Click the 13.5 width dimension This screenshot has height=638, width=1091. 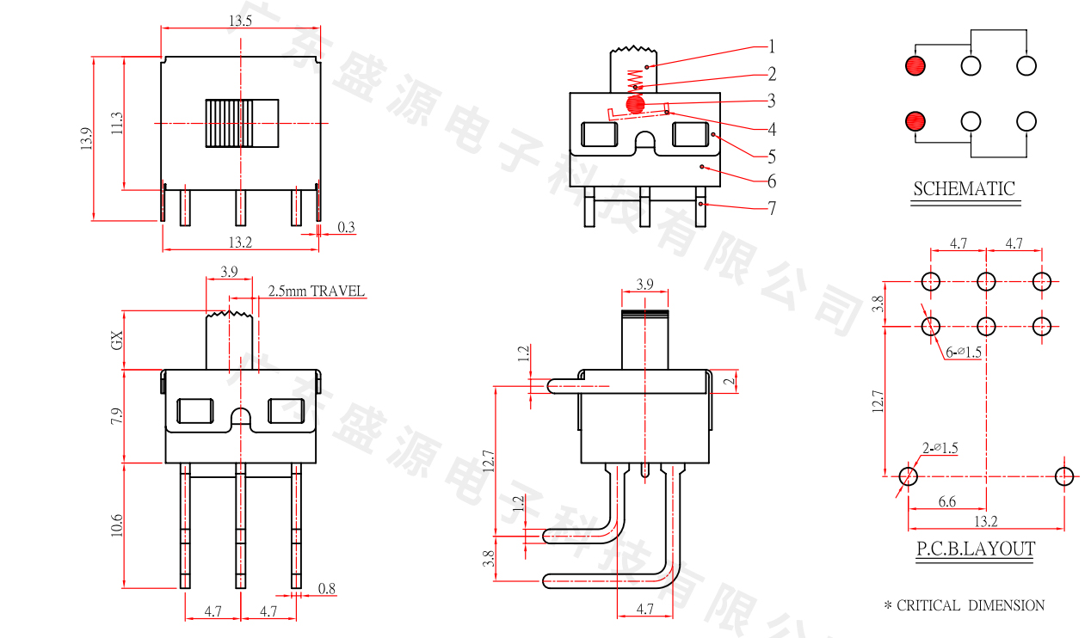pyautogui.click(x=240, y=21)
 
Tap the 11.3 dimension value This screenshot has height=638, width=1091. pyautogui.click(x=117, y=123)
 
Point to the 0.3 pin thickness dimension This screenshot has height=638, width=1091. pyautogui.click(x=346, y=227)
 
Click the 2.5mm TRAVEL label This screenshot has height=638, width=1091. pyautogui.click(x=317, y=291)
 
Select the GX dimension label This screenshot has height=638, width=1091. pyautogui.click(x=117, y=340)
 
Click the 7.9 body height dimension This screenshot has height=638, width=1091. pyautogui.click(x=117, y=416)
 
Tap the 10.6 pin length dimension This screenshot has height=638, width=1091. pyautogui.click(x=117, y=525)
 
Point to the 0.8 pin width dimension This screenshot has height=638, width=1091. pyautogui.click(x=326, y=589)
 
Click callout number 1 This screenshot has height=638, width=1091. pyautogui.click(x=772, y=46)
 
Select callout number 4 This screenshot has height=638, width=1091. pyautogui.click(x=772, y=130)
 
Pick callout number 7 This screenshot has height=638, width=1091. pyautogui.click(x=772, y=208)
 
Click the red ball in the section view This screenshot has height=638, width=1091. pyautogui.click(x=636, y=104)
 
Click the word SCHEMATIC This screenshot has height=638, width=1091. pyautogui.click(x=964, y=189)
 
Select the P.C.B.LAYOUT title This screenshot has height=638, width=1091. pyautogui.click(x=975, y=549)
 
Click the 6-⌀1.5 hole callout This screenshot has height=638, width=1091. pyautogui.click(x=964, y=353)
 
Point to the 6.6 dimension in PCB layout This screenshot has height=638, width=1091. pyautogui.click(x=946, y=501)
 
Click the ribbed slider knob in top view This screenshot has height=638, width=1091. pyautogui.click(x=242, y=124)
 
